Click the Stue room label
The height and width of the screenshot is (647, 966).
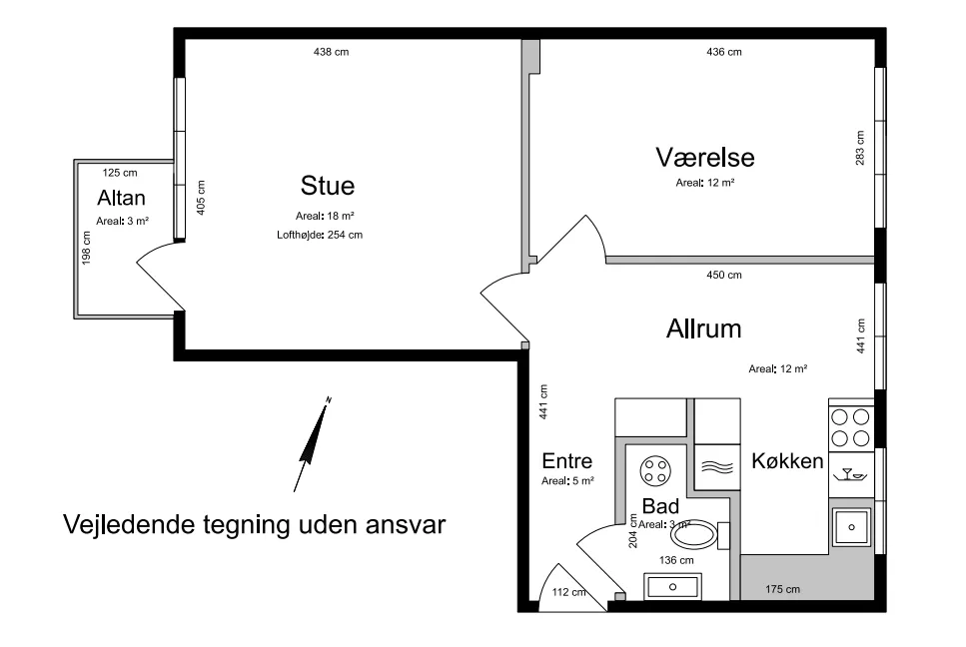pyautogui.click(x=327, y=186)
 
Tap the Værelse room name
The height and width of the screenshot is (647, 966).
pyautogui.click(x=705, y=157)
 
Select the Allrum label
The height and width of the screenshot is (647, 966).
pyautogui.click(x=703, y=328)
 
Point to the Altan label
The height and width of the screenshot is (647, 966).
pyautogui.click(x=121, y=199)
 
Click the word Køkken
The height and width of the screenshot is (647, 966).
pyautogui.click(x=787, y=461)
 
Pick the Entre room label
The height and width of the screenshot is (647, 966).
pyautogui.click(x=566, y=461)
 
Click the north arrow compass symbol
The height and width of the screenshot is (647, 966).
pyautogui.click(x=313, y=444)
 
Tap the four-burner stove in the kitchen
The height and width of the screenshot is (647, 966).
pyautogui.click(x=851, y=428)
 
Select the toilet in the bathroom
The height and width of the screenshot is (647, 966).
pyautogui.click(x=698, y=535)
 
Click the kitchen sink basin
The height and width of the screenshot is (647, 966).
pyautogui.click(x=851, y=527)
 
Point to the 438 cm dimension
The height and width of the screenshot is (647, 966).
pyautogui.click(x=331, y=52)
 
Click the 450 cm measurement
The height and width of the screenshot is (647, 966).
pyautogui.click(x=724, y=276)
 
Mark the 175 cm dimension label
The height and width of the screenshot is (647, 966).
pyautogui.click(x=782, y=590)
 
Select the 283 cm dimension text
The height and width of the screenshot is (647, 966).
pyautogui.click(x=860, y=148)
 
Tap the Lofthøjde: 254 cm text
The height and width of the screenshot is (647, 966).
pyautogui.click(x=320, y=236)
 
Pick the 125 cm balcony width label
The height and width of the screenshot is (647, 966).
pyautogui.click(x=120, y=173)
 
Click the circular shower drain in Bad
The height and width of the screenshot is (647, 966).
pyautogui.click(x=655, y=471)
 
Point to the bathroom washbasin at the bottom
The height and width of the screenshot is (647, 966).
pyautogui.click(x=672, y=587)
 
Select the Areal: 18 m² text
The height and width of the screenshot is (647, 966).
pyautogui.click(x=325, y=216)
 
